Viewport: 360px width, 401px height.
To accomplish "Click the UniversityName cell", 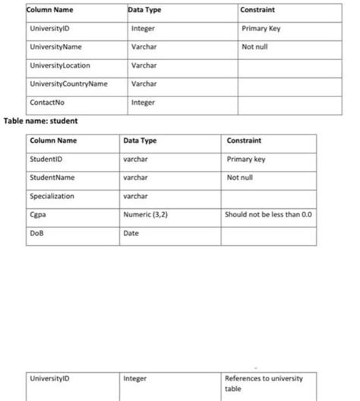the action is click(56, 47).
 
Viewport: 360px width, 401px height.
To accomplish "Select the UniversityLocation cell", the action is click(59, 65).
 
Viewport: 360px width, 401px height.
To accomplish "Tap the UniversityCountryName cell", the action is click(68, 84).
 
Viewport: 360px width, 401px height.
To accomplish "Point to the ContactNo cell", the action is click(46, 102).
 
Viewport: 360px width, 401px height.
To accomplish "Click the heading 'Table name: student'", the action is click(41, 120).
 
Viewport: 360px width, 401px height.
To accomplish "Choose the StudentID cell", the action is click(46, 159).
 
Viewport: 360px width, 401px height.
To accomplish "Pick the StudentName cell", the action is click(52, 178).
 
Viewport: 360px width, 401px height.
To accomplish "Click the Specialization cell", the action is click(52, 196).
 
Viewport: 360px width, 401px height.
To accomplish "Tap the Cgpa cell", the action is click(38, 214).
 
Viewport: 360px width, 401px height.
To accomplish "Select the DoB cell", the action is click(37, 233).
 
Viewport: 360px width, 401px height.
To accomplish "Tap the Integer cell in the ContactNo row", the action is click(144, 102).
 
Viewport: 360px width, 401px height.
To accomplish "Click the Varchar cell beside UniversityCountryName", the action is click(144, 84).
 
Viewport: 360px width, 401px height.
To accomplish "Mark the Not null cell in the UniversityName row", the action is click(254, 47).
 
